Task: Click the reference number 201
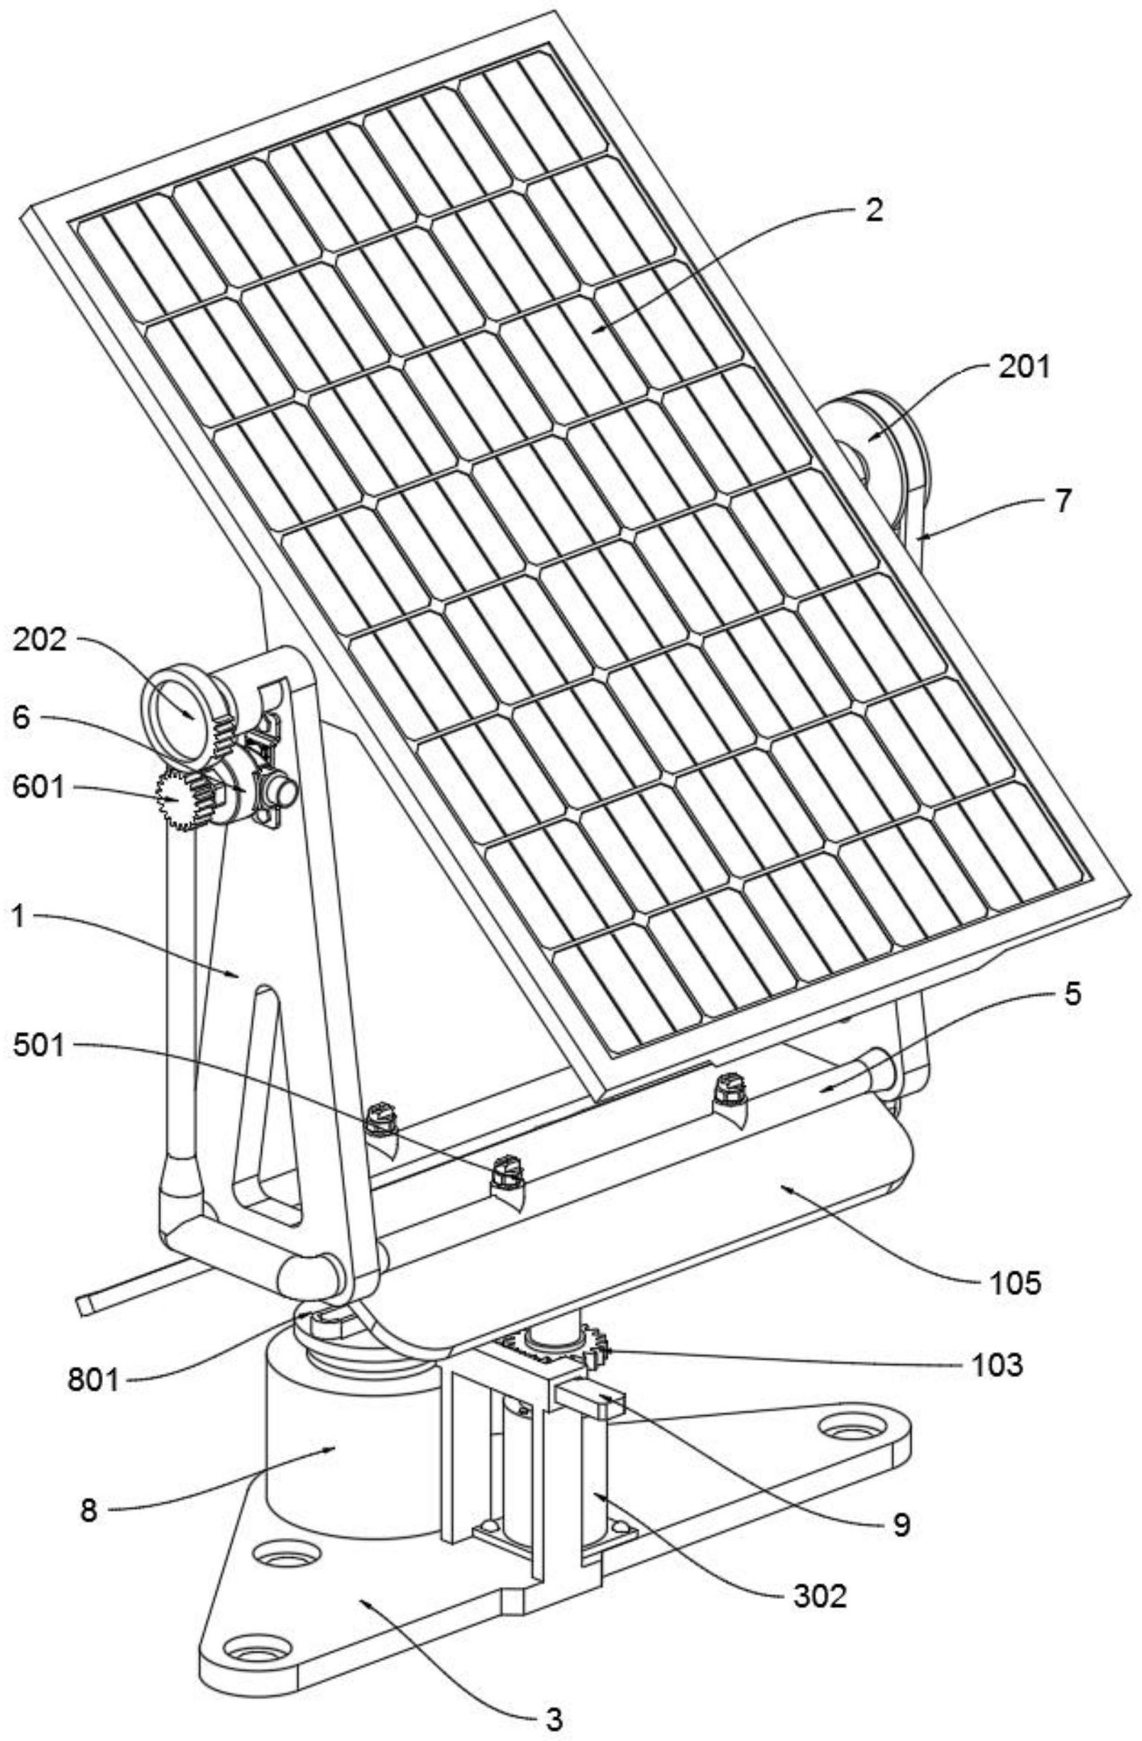click(x=1024, y=366)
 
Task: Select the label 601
click(x=40, y=788)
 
